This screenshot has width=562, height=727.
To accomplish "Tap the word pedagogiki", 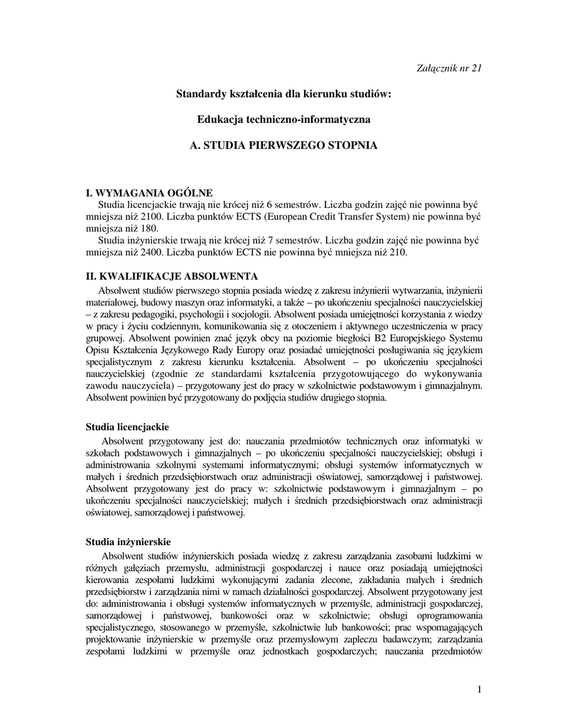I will click(x=150, y=313).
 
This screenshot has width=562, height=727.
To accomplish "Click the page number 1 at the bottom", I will click(x=480, y=690).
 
